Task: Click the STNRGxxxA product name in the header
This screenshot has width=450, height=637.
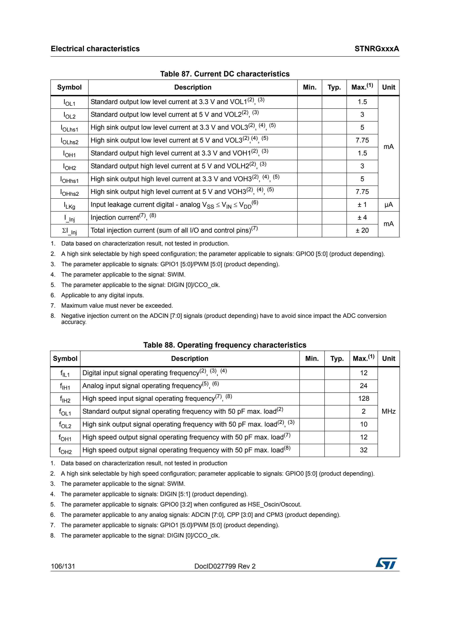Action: tap(376, 49)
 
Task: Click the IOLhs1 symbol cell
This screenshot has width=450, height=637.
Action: tap(69, 128)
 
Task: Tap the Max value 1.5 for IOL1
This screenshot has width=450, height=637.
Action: tap(362, 102)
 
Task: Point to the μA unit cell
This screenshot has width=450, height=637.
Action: tap(388, 205)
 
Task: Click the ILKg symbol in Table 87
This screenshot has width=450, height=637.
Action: tap(69, 205)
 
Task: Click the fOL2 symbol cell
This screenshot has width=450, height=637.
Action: tap(65, 425)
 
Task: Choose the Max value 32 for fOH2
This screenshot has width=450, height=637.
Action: tap(363, 450)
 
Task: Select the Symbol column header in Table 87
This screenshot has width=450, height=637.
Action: tap(69, 87)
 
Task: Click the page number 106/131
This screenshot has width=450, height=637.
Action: tap(63, 566)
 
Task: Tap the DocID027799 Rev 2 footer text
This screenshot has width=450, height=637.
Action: tap(225, 566)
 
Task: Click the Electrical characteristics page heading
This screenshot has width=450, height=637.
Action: tap(95, 49)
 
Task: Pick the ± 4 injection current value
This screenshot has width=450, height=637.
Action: tap(362, 218)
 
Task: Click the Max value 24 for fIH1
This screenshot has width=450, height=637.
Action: tap(363, 386)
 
